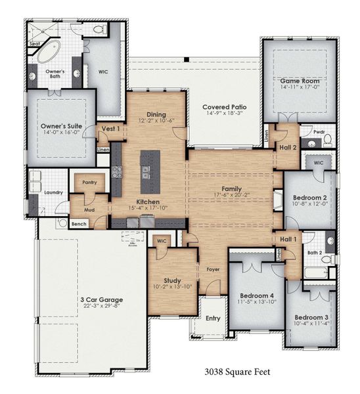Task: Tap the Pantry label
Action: point(89,183)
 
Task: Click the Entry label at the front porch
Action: point(213,318)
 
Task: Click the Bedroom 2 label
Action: point(310,197)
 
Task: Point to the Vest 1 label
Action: point(108,129)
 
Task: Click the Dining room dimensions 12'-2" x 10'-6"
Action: point(155,121)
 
